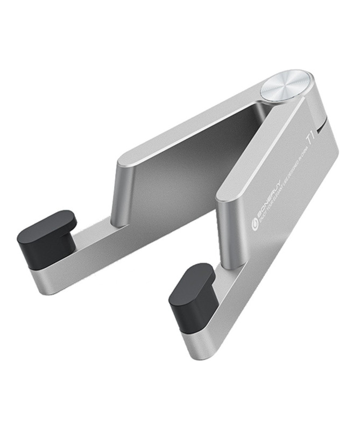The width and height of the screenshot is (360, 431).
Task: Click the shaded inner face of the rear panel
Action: pos(188,161)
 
